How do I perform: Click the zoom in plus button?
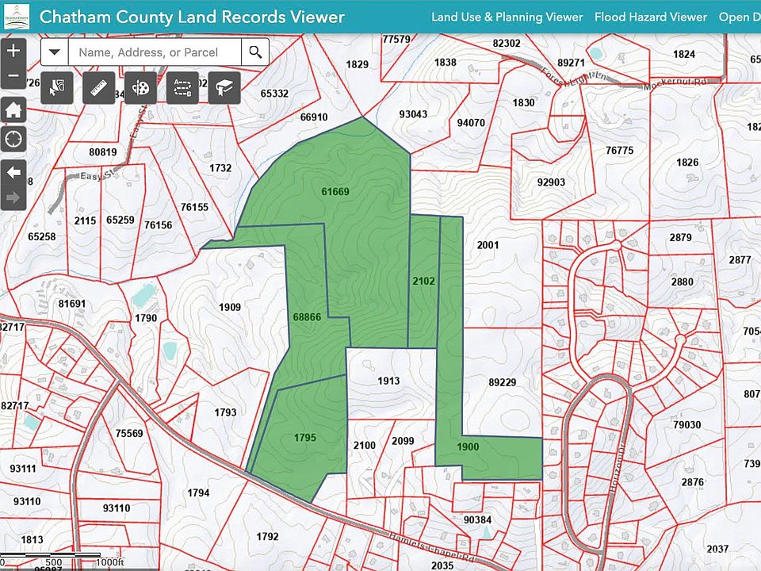[13, 51]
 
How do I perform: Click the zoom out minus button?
[13, 77]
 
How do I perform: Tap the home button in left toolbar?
[13, 110]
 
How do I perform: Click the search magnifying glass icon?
[255, 52]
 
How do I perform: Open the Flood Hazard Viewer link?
[650, 17]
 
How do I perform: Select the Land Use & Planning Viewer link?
[507, 17]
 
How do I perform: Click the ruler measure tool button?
[99, 87]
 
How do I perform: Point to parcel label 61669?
[335, 191]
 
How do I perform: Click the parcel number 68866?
[307, 316]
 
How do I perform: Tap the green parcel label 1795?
[305, 437]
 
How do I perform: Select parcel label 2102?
[423, 280]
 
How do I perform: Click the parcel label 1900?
[468, 446]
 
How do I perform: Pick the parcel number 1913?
[388, 381]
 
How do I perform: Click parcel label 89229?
[502, 381]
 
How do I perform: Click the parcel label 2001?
[488, 245]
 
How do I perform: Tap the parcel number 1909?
[230, 307]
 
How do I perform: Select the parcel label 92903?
[551, 182]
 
